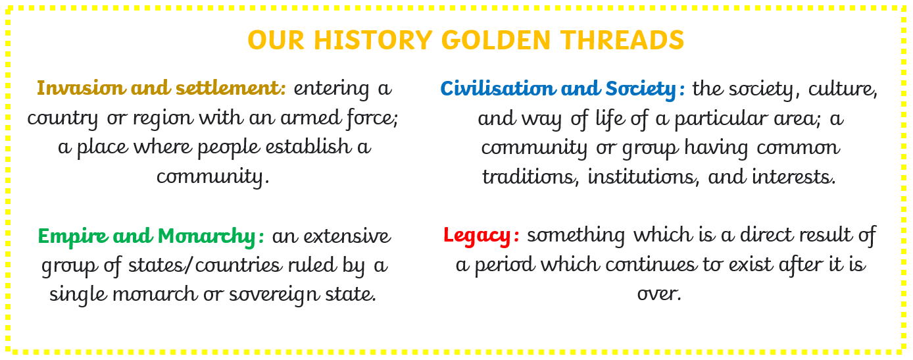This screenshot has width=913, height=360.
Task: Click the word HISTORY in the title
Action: [373, 40]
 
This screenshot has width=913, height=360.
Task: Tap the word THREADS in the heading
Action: [622, 40]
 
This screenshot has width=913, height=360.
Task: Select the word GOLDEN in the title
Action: [496, 40]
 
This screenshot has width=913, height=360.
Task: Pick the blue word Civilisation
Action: [497, 88]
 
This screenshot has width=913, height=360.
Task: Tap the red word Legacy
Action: [477, 236]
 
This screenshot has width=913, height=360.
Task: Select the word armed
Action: [310, 118]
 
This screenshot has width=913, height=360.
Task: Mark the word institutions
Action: [643, 177]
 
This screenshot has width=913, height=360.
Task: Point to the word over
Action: [659, 294]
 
